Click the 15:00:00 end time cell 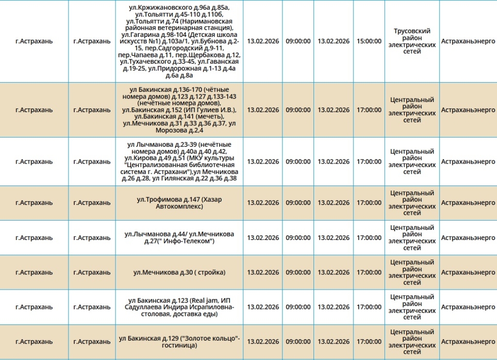[x=369, y=41]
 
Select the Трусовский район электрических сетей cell [x=412, y=41]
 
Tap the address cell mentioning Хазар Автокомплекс [x=179, y=203]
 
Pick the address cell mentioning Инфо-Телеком [x=179, y=238]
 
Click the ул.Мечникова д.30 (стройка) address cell [x=179, y=273]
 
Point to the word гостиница [x=179, y=345]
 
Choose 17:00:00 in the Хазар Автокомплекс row [x=369, y=203]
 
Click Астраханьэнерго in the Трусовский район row [x=468, y=41]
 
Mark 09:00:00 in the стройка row [x=298, y=273]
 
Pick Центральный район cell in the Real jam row [x=412, y=307]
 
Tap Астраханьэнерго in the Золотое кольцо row [x=468, y=342]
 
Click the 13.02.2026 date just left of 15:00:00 [x=333, y=41]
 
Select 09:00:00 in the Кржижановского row [x=298, y=41]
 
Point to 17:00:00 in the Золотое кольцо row [x=369, y=342]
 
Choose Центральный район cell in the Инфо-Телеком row [x=412, y=238]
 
